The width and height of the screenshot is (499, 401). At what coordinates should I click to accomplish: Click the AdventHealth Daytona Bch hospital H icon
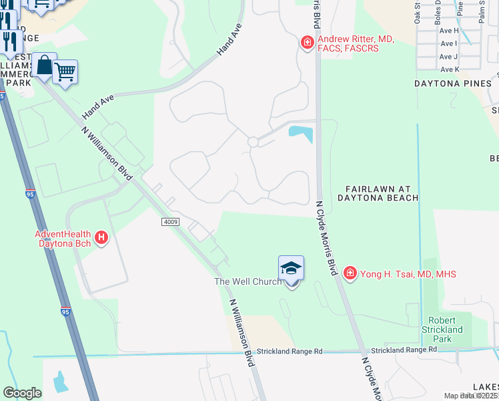click(101, 237)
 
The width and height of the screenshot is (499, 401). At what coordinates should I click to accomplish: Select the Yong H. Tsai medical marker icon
click(350, 273)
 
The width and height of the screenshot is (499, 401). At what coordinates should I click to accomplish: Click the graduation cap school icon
click(291, 268)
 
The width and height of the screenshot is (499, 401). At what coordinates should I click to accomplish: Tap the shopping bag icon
click(44, 65)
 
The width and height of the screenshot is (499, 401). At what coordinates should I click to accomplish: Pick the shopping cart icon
click(65, 72)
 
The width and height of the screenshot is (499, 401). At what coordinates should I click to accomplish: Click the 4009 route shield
click(170, 221)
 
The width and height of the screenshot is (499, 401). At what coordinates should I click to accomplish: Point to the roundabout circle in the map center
click(253, 142)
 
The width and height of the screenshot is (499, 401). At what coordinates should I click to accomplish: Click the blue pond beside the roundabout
click(301, 132)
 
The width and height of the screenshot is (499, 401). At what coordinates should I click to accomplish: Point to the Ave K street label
click(450, 70)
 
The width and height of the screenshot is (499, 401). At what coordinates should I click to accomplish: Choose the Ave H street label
click(449, 31)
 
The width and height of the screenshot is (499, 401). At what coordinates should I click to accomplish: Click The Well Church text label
click(247, 282)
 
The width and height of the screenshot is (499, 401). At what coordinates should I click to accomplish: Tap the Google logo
click(23, 393)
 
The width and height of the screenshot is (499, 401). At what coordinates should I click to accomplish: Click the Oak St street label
click(418, 12)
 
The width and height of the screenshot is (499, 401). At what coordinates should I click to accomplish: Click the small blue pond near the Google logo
click(61, 381)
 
